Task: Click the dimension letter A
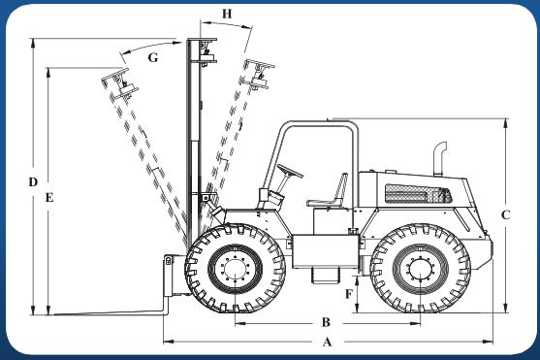(x=327, y=343)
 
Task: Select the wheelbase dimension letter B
(x=326, y=322)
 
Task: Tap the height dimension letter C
(x=505, y=215)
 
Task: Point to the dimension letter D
(x=33, y=182)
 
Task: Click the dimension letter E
(x=49, y=198)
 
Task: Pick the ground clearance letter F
(x=349, y=294)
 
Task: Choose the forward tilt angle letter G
(x=153, y=57)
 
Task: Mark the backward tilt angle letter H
(x=227, y=14)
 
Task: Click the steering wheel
(x=290, y=171)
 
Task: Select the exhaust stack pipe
(x=439, y=158)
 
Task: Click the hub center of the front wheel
(x=236, y=268)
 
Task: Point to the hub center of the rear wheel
(x=421, y=268)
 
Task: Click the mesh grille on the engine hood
(x=418, y=194)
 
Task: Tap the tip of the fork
(x=54, y=314)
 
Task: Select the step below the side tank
(x=325, y=276)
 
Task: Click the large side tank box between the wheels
(x=326, y=251)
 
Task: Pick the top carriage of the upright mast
(x=204, y=51)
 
